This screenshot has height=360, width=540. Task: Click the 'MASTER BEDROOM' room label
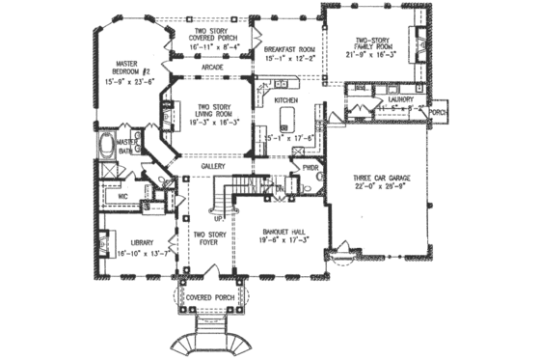coord(124,66)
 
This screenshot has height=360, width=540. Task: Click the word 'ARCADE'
coord(213,68)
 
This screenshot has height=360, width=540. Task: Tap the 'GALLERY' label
coord(213,166)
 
